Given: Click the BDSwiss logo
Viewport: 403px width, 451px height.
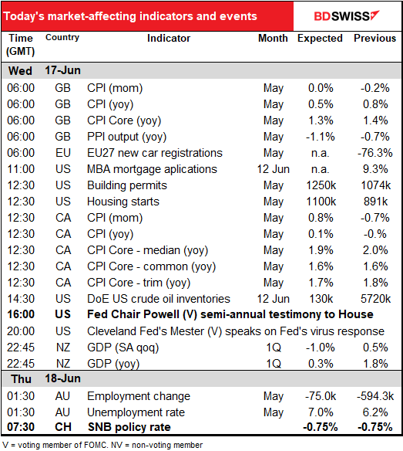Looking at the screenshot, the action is click(x=347, y=16).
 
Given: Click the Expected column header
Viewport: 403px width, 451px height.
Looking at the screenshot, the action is click(x=320, y=39).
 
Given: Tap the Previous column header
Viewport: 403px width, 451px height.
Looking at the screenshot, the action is click(x=374, y=39).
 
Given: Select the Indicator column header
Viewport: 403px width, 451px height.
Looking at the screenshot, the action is click(x=169, y=39).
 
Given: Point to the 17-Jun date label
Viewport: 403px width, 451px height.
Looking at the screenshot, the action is click(x=62, y=70).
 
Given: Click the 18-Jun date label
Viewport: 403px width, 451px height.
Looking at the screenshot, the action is click(x=62, y=378).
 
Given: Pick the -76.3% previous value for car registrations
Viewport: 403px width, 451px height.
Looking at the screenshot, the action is click(x=374, y=153).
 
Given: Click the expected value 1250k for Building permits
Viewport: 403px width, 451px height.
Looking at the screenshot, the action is click(x=321, y=185).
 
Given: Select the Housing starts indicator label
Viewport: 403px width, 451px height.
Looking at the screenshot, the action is click(x=123, y=202).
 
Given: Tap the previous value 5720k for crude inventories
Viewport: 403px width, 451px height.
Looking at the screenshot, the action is click(x=375, y=299).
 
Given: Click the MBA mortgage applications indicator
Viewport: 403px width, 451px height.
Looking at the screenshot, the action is click(x=152, y=169).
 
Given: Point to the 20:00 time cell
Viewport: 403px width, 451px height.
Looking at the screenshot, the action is click(x=21, y=331).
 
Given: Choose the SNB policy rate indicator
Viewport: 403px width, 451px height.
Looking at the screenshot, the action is click(x=129, y=427).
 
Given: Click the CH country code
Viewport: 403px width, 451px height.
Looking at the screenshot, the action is click(x=62, y=427).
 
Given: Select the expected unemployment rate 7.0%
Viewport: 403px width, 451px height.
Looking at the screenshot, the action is click(x=321, y=412).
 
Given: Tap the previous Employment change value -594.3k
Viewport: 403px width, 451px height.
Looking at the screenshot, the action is click(x=375, y=396).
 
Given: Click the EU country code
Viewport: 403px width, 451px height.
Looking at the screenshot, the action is click(x=63, y=153).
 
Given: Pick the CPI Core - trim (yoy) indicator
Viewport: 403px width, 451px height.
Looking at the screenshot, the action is click(x=139, y=283).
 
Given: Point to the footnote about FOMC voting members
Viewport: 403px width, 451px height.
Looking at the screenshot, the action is click(x=102, y=446).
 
